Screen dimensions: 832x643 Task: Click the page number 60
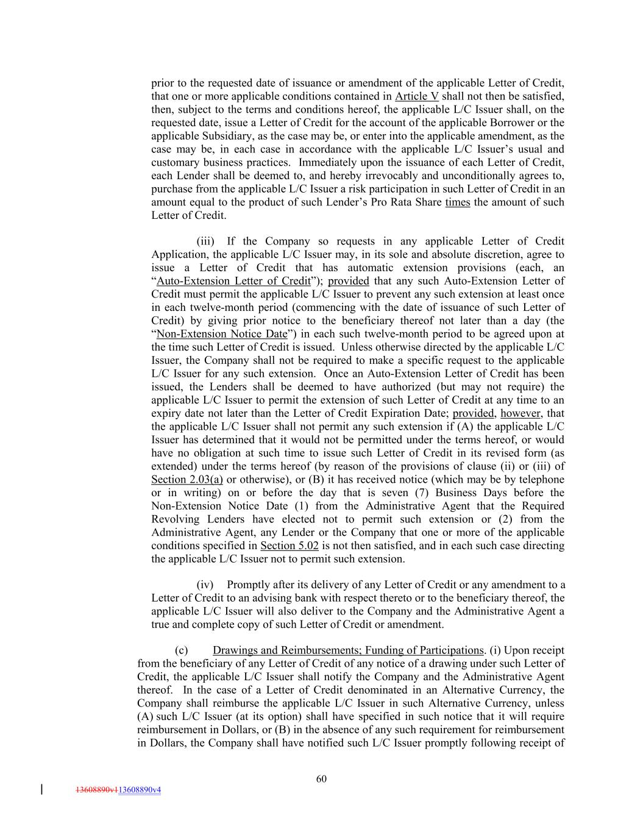(321, 778)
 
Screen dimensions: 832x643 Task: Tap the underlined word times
(457, 202)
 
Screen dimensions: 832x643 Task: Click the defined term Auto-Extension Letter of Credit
(233, 281)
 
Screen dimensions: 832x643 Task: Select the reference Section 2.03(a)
(187, 480)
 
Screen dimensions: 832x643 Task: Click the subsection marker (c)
(181, 650)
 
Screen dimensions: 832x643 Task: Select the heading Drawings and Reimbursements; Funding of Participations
(347, 650)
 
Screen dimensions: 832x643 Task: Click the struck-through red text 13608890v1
(96, 790)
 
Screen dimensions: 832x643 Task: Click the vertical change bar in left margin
(41, 789)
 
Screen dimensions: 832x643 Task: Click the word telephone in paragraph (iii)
(542, 480)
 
